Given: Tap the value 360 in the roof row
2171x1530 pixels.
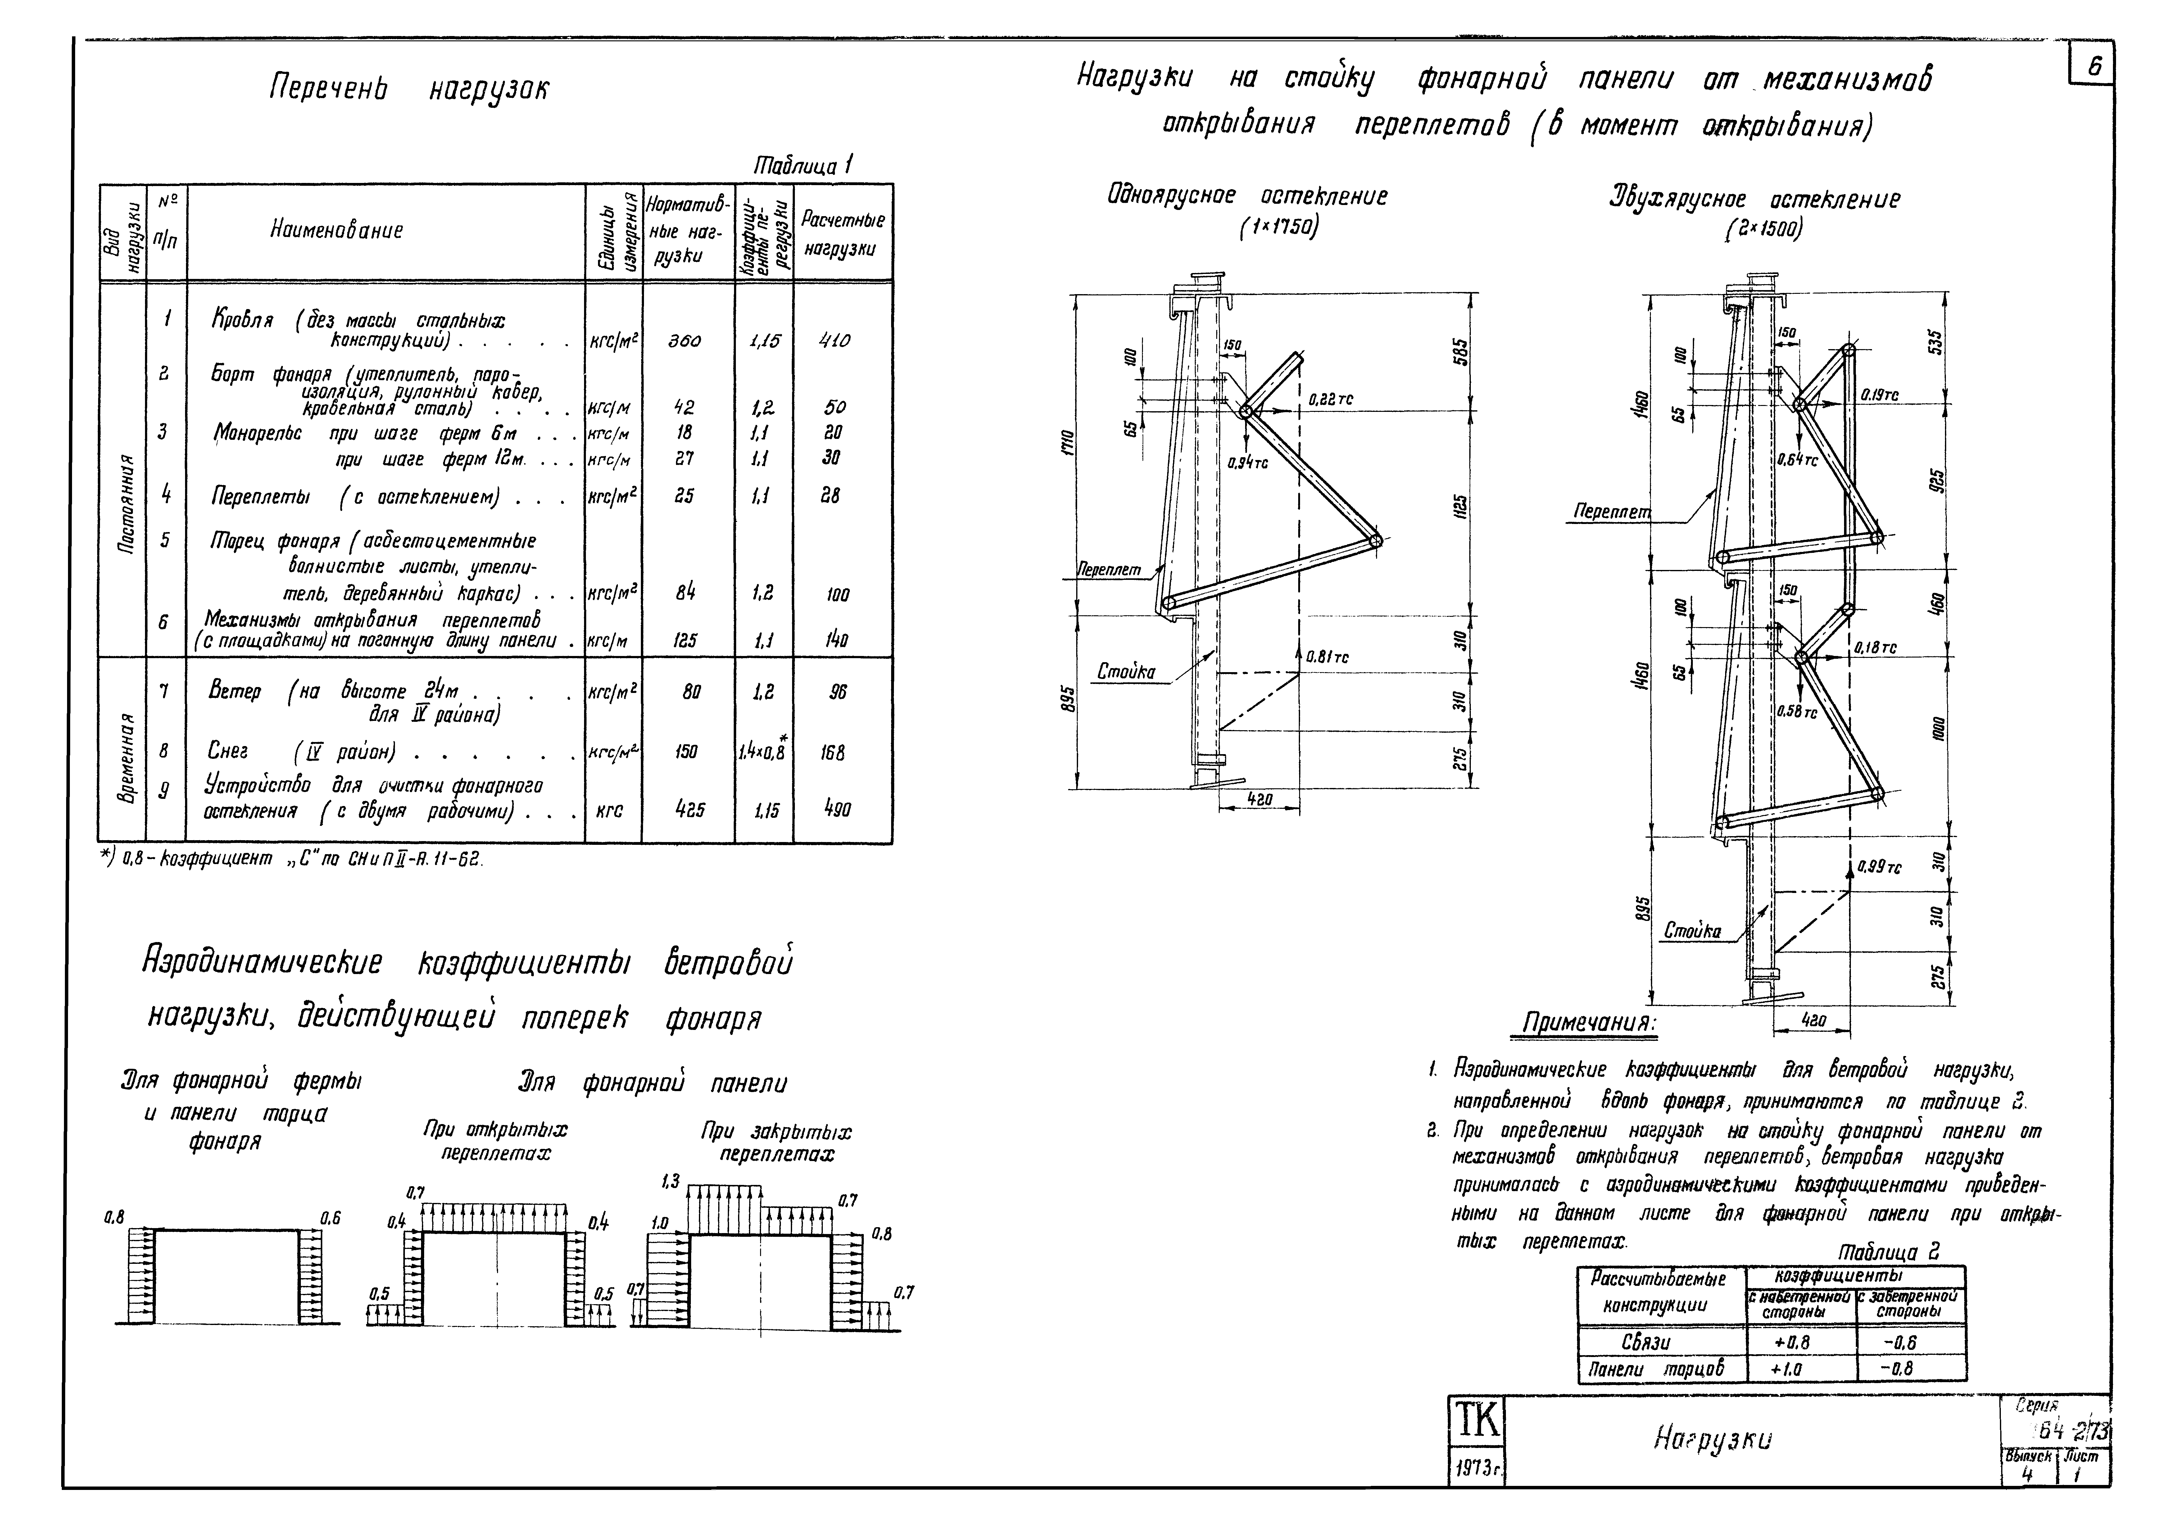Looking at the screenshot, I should click(685, 340).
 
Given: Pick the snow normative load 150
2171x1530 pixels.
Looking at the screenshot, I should click(687, 752).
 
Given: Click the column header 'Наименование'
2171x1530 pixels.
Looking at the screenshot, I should click(337, 230).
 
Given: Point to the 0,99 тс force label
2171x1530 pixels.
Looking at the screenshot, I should click(1879, 866).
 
